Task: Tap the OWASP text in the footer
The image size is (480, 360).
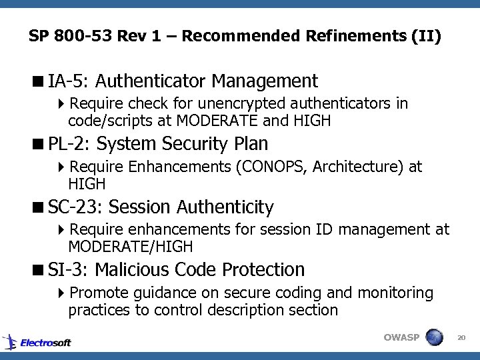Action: (x=401, y=337)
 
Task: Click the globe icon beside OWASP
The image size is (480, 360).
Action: (x=435, y=337)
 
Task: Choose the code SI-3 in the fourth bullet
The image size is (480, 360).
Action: (x=69, y=270)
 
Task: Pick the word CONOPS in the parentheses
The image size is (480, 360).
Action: (x=270, y=167)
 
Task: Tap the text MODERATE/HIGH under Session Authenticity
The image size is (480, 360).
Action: (x=130, y=247)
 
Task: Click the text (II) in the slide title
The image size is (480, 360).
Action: (x=427, y=35)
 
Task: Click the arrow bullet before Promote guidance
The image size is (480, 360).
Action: (x=61, y=293)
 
